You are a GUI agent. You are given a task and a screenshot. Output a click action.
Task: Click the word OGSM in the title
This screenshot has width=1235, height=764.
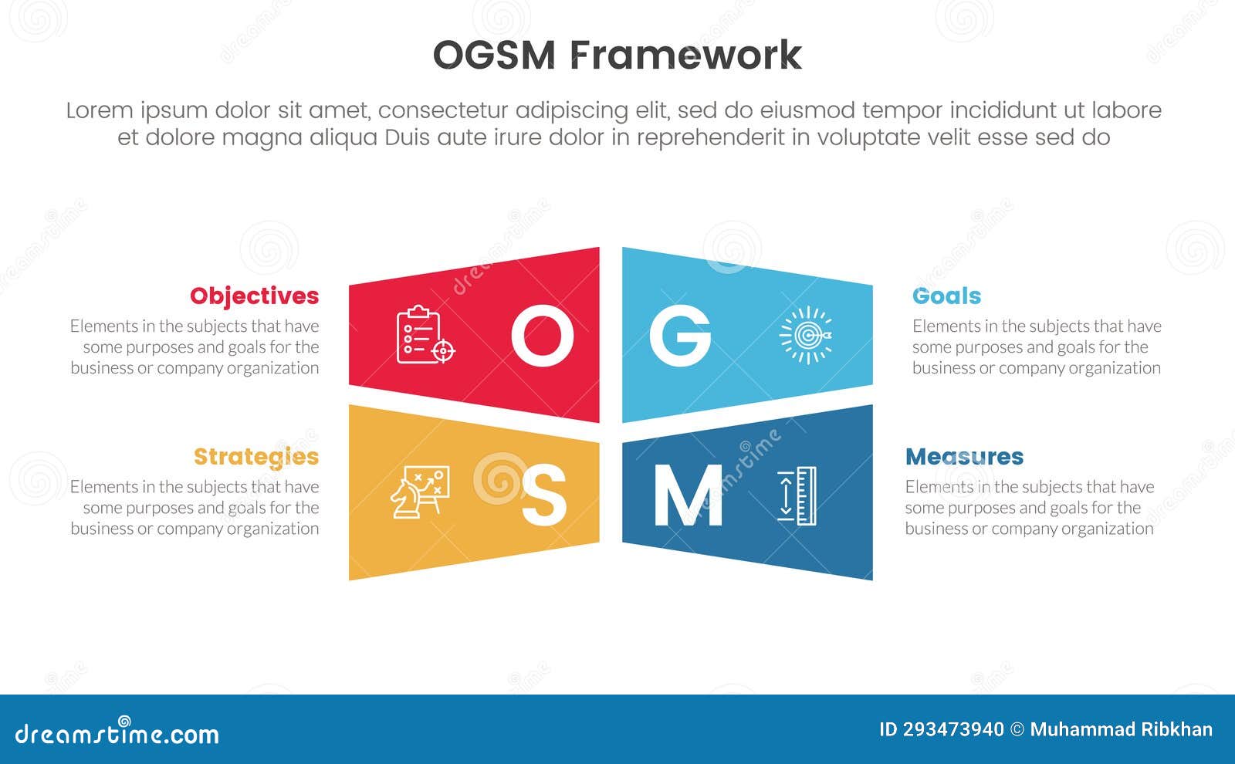[494, 56]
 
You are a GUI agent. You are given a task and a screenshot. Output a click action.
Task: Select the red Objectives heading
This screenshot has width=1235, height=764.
[254, 296]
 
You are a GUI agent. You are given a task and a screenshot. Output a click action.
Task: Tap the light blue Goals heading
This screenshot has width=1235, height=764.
[946, 296]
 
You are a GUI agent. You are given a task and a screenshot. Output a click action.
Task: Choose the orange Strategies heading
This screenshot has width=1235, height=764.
[255, 456]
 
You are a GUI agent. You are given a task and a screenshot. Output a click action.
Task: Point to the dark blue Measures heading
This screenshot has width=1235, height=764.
[964, 456]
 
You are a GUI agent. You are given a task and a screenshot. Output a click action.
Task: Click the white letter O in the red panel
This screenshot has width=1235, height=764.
[542, 336]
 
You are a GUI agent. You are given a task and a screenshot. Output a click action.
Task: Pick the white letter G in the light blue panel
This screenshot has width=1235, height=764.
[679, 336]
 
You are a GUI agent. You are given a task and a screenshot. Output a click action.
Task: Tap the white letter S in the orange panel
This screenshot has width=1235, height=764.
[543, 496]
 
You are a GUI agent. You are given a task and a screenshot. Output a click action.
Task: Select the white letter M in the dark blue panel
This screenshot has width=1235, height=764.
[688, 496]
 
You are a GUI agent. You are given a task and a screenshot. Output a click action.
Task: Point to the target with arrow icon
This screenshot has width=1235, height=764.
[805, 335]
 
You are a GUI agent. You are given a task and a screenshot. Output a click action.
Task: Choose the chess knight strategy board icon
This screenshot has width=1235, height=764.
[419, 492]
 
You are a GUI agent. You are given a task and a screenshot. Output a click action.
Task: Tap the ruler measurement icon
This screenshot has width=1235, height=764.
[797, 496]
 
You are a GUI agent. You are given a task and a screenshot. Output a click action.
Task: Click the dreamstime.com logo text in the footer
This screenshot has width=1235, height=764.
[117, 733]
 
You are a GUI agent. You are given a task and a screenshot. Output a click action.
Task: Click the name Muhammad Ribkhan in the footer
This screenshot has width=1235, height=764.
[1121, 729]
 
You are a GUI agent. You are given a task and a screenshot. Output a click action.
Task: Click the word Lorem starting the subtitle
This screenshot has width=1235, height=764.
[99, 110]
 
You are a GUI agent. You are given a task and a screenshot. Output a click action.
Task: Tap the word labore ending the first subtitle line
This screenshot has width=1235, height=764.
[1126, 110]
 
